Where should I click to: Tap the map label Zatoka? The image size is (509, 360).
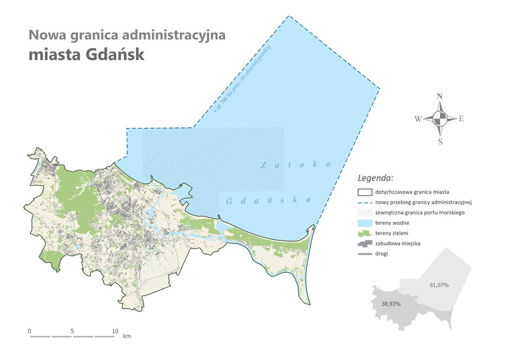click(295, 164)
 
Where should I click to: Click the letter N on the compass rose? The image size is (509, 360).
click(440, 96)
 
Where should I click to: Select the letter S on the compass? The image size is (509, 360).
click(440, 142)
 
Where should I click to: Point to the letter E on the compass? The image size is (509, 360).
click(461, 119)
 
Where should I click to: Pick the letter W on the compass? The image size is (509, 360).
click(418, 119)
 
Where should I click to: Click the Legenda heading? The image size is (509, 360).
click(376, 178)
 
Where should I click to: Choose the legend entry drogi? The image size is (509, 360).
click(381, 253)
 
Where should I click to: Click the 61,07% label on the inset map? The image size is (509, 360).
click(439, 285)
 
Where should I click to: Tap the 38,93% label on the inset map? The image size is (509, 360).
click(390, 304)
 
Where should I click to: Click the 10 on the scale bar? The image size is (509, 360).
click(115, 331)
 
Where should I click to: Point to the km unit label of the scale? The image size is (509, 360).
click(127, 336)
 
